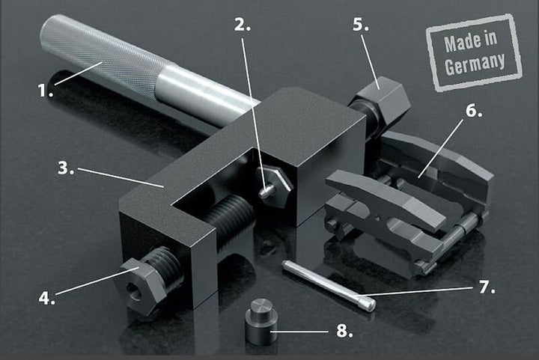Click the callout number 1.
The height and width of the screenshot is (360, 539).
(45, 91)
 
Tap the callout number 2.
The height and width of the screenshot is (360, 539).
(242, 24)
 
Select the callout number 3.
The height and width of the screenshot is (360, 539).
(66, 168)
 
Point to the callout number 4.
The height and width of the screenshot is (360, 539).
(46, 297)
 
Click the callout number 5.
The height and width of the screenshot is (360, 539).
(361, 24)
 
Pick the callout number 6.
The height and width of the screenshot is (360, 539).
(474, 111)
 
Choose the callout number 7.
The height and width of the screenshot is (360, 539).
(487, 287)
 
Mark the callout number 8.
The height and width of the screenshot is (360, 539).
(344, 331)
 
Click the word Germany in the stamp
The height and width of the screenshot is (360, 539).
(475, 63)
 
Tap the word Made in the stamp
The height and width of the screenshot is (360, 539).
(457, 43)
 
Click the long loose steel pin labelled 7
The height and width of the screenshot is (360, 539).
(329, 284)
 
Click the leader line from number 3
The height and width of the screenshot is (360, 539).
(121, 177)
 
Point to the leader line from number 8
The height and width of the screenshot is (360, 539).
(299, 332)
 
